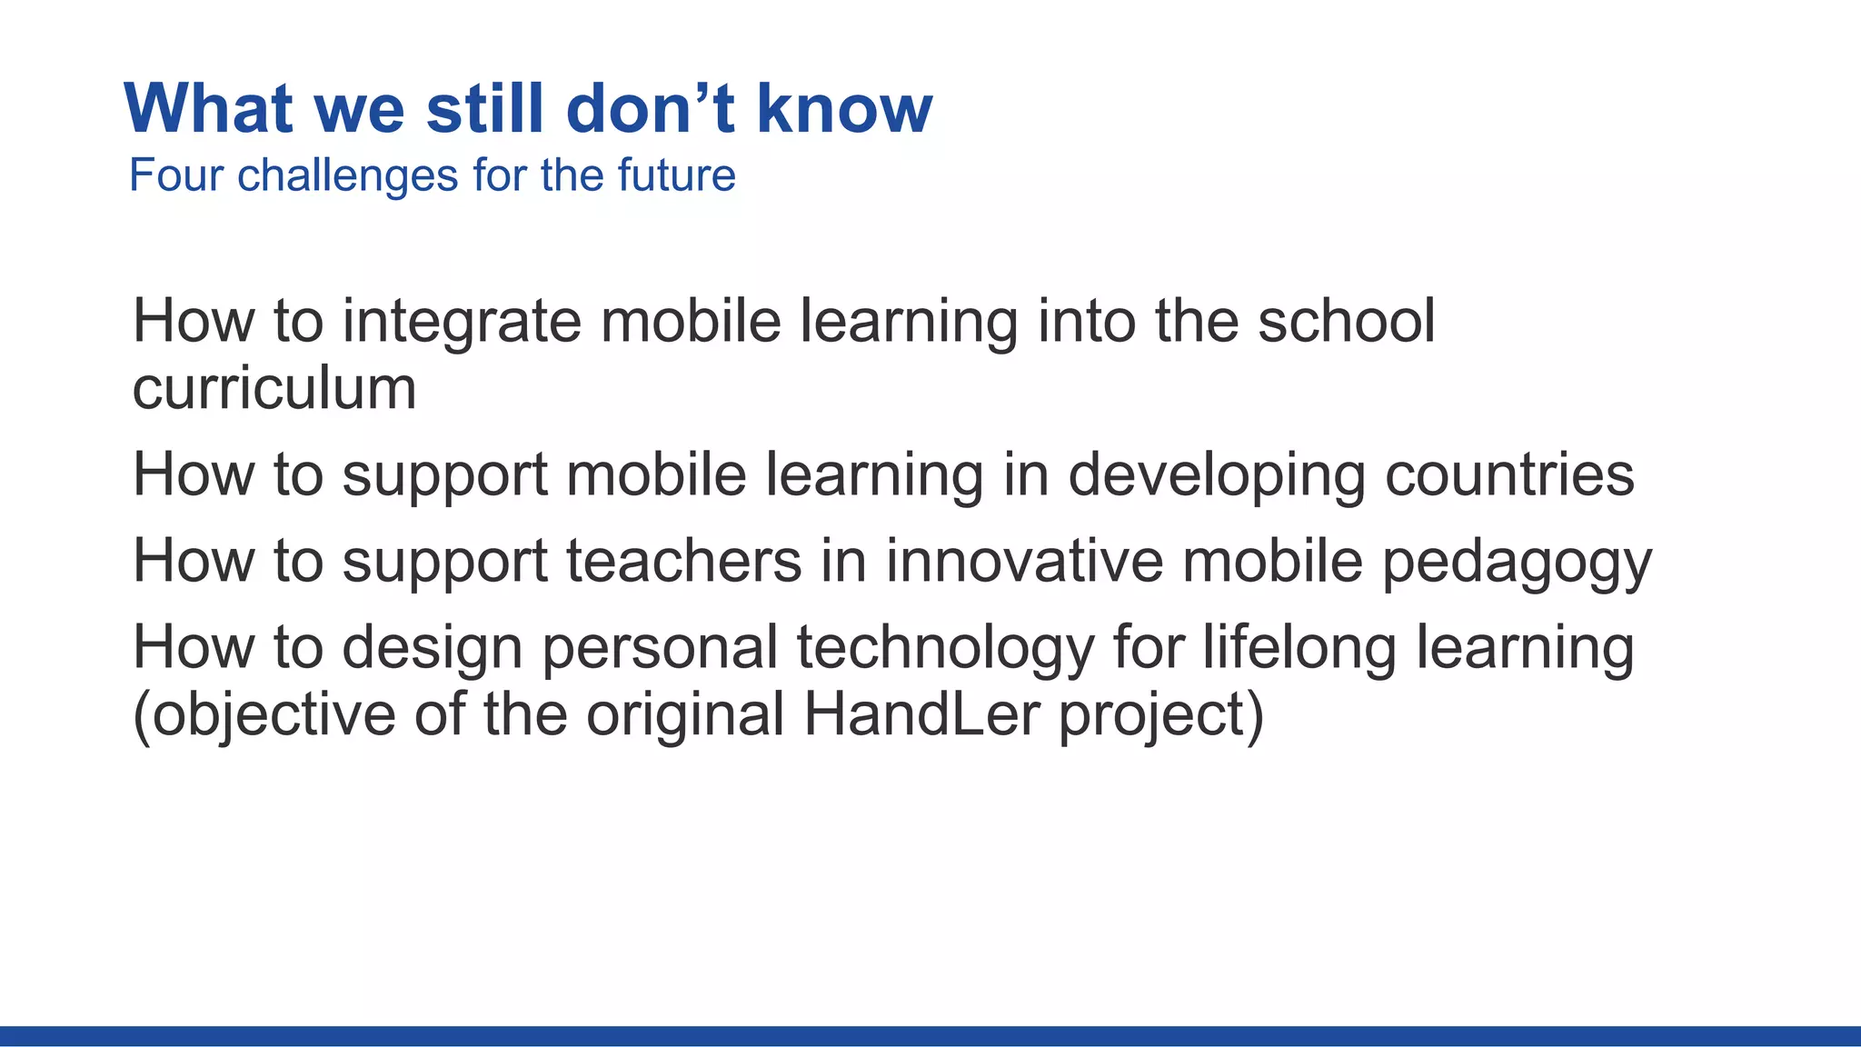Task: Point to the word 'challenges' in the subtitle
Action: click(347, 175)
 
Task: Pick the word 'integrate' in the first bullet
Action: click(461, 322)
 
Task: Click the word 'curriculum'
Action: click(274, 389)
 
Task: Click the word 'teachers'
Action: click(684, 561)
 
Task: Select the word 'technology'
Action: click(945, 648)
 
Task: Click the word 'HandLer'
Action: click(921, 714)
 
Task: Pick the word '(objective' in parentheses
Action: click(264, 716)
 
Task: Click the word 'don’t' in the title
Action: click(650, 109)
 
